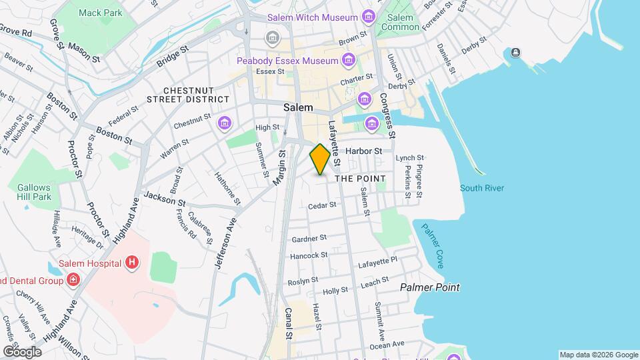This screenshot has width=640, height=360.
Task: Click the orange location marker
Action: (320, 159)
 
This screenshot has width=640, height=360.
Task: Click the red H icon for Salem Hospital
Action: (132, 263)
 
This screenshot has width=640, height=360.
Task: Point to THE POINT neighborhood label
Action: (360, 179)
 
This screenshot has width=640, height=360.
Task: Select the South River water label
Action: (482, 188)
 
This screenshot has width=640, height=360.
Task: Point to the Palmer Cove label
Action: (433, 246)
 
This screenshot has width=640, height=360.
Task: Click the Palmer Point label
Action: (429, 287)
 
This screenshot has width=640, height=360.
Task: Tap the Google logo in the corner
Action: (22, 351)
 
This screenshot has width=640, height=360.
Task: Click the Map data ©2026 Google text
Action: (598, 355)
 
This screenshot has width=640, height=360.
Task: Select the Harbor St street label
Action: (363, 151)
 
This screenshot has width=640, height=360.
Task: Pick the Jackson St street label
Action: (164, 199)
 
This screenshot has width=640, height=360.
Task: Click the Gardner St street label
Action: (309, 238)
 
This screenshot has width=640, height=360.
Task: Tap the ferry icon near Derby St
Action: (515, 53)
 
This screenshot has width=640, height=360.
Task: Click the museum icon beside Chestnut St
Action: (224, 123)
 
